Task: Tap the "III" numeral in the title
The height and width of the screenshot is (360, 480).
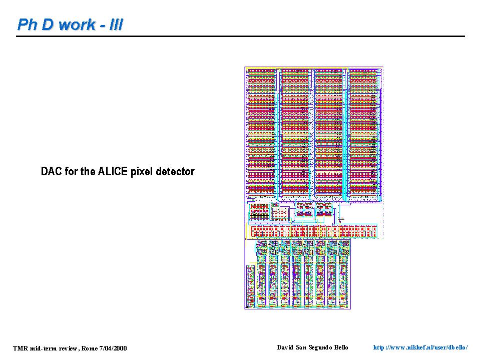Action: coord(116,25)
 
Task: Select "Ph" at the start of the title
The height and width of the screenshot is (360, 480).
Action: coord(28,25)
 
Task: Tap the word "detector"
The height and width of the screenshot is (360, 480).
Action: coord(175,171)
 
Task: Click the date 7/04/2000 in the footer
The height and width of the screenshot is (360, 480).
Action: coord(113,348)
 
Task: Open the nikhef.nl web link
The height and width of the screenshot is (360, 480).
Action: coord(420,348)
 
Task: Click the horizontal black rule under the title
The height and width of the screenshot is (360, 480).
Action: coord(240,36)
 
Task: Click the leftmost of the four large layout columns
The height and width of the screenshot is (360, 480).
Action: coord(261,133)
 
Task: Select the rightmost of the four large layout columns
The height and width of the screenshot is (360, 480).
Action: coord(364,133)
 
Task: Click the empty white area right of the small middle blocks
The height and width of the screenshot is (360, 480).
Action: coord(361,214)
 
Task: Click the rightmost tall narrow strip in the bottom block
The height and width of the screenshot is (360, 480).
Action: coord(344,274)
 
